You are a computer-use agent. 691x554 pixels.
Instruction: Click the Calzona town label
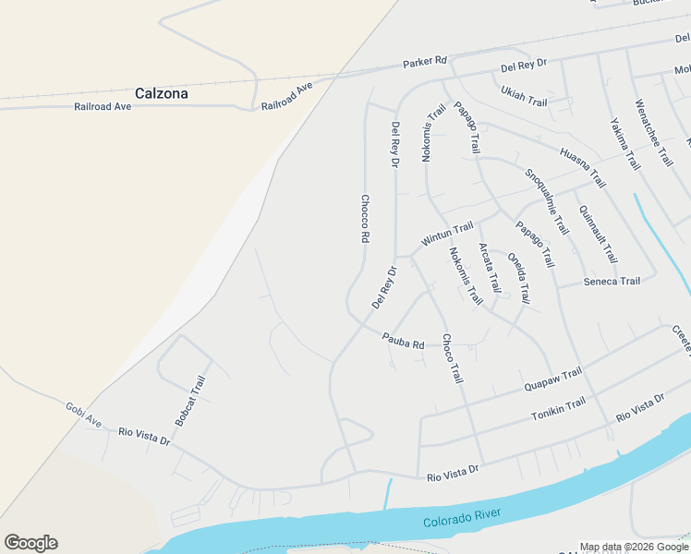(x=162, y=93)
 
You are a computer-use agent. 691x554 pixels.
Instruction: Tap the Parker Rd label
(x=425, y=63)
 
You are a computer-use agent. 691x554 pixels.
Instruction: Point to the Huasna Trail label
(x=582, y=166)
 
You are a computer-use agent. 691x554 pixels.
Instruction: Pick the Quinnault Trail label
(x=598, y=234)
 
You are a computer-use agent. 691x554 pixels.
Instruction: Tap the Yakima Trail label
(x=625, y=144)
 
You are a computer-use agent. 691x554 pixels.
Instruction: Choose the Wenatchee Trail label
(x=654, y=132)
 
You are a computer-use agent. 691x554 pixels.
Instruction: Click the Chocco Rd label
(x=365, y=218)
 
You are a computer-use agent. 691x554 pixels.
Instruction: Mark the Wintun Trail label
(x=447, y=234)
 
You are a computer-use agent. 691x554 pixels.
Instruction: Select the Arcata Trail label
(x=489, y=268)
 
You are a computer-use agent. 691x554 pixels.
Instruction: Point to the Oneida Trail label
(x=519, y=278)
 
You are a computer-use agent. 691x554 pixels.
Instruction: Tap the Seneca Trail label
(x=612, y=282)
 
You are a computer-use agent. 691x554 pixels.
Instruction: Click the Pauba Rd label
(x=404, y=341)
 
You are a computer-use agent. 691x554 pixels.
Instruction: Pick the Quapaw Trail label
(x=552, y=379)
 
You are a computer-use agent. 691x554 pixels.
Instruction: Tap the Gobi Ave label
(x=83, y=415)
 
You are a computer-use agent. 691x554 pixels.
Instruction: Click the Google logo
(x=30, y=543)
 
